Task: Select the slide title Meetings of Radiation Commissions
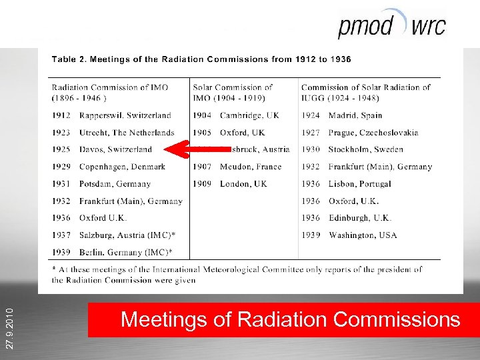click(290, 320)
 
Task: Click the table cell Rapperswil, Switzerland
click(125, 115)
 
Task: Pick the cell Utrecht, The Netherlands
click(127, 133)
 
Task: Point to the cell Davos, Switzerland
click(115, 150)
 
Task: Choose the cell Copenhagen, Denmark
click(122, 167)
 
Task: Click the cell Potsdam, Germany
click(115, 184)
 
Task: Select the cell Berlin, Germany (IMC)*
click(125, 253)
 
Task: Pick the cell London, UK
click(243, 184)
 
